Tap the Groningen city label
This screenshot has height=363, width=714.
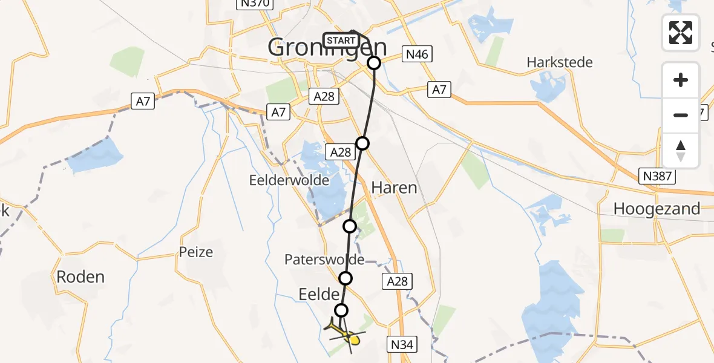point(327,47)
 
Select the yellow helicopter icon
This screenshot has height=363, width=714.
point(344,333)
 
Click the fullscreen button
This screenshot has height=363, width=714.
point(681,33)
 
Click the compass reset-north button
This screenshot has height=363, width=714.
point(681,151)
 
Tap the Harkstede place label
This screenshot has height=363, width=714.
point(560,62)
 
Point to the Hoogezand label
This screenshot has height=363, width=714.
point(657,209)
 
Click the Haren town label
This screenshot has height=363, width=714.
point(394,188)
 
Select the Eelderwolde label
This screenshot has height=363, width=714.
point(289,180)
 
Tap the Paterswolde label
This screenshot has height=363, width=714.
point(324,260)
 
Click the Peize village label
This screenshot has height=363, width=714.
point(196,252)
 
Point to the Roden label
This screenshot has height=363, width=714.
point(80,277)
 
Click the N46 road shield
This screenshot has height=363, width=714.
point(417,55)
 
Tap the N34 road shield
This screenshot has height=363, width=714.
point(401,345)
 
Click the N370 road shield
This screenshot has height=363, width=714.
point(254,4)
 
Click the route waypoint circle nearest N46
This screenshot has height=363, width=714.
point(374,63)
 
